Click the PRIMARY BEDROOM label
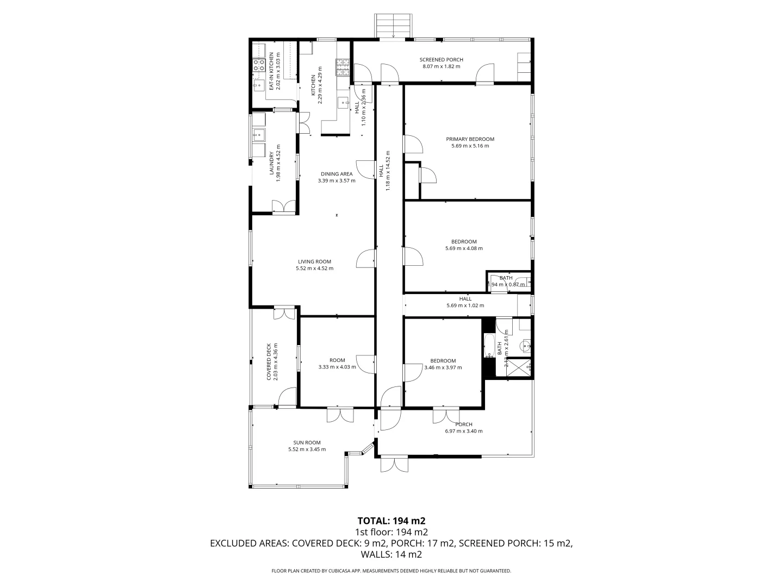coord(470,139)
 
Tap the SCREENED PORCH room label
coord(441,60)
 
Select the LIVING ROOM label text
coord(314,261)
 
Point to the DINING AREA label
coord(336,174)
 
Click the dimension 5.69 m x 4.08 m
coord(464,248)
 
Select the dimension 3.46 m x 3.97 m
coord(443,367)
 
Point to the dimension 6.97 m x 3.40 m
coord(463,431)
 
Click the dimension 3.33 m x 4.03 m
coord(337,367)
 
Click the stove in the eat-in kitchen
coord(259,66)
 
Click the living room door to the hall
coord(366,259)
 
